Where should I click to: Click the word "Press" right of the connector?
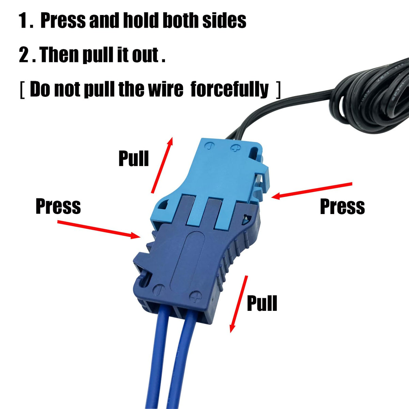(342, 206)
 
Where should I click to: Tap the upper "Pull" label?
(134, 158)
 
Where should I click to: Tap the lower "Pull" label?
(262, 303)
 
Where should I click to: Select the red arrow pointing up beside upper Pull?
(162, 165)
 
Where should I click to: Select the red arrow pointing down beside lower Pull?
(239, 304)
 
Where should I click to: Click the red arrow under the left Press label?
(99, 230)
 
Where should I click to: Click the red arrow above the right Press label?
(312, 191)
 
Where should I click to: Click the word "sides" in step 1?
(224, 20)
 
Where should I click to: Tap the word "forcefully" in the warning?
(229, 89)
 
